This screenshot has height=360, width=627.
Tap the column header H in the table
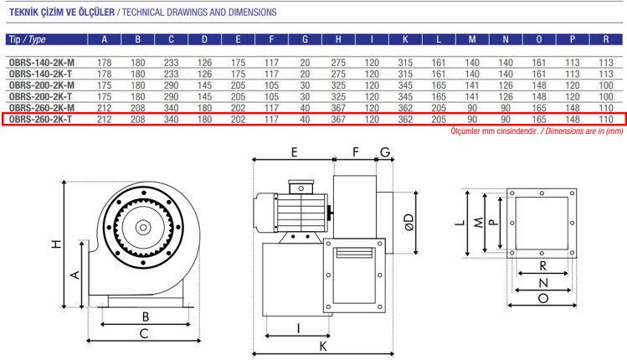338,39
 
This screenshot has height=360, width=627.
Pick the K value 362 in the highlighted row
405,120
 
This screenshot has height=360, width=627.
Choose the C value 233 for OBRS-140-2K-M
171,62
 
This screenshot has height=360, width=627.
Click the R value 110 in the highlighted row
606,120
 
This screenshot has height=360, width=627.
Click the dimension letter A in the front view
75,275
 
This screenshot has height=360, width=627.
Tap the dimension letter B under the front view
145,317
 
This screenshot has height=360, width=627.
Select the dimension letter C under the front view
145,334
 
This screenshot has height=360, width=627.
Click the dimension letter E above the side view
294,152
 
